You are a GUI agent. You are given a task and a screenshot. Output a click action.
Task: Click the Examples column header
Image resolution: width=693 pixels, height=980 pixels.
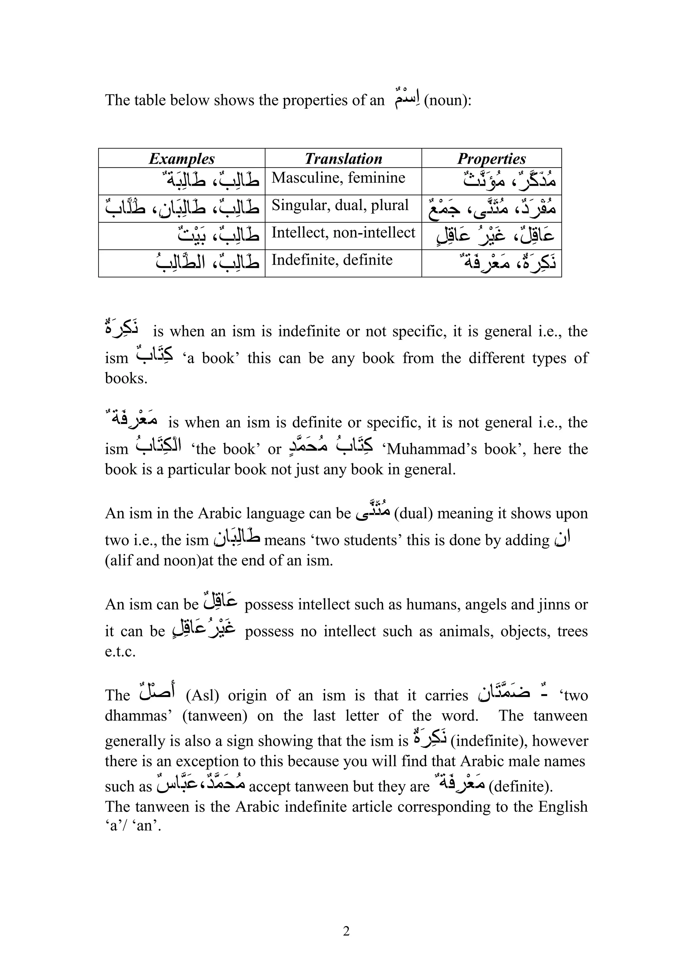pos(181,159)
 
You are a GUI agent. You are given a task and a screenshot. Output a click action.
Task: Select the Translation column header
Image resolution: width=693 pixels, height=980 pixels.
pos(343,159)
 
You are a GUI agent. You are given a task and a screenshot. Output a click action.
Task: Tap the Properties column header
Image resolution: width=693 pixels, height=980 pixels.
pos(491,159)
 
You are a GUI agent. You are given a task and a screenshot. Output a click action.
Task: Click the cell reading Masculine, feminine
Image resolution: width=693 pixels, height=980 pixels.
pos(338,178)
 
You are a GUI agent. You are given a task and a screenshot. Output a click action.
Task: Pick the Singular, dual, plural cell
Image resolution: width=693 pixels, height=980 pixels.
pos(340,205)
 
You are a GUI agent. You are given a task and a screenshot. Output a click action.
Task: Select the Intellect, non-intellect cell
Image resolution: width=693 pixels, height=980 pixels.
pos(343,232)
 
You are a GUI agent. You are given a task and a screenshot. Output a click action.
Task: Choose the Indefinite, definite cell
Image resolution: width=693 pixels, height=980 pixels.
pos(332,260)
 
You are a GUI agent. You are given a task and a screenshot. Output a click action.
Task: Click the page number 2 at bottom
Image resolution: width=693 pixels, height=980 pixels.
pos(346,931)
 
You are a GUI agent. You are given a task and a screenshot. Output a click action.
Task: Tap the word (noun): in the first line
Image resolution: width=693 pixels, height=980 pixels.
pos(448,100)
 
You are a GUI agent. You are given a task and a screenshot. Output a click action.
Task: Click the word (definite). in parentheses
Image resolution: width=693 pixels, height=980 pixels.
pos(520,786)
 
